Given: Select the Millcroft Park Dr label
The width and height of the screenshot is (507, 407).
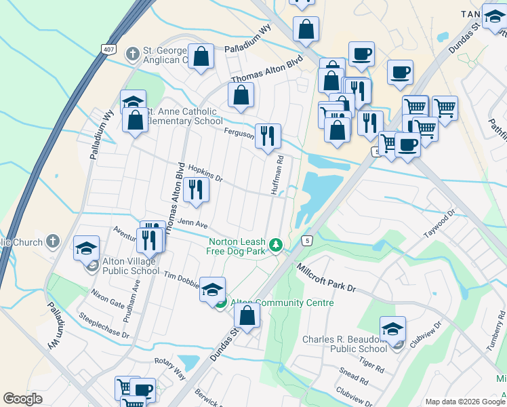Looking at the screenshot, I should point(326,278).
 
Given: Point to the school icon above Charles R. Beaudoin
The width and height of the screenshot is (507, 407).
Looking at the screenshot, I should point(392,330).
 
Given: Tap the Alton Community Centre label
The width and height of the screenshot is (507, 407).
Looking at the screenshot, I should point(283,303).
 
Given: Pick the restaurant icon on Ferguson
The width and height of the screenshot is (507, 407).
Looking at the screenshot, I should point(268,136).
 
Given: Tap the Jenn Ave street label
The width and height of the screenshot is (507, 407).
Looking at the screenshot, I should point(192,222).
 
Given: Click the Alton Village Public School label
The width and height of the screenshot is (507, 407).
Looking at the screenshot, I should point(131,266).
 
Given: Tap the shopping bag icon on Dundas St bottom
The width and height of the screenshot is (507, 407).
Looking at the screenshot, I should point(247,316).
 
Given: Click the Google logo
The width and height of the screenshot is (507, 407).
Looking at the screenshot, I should point(23,399).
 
